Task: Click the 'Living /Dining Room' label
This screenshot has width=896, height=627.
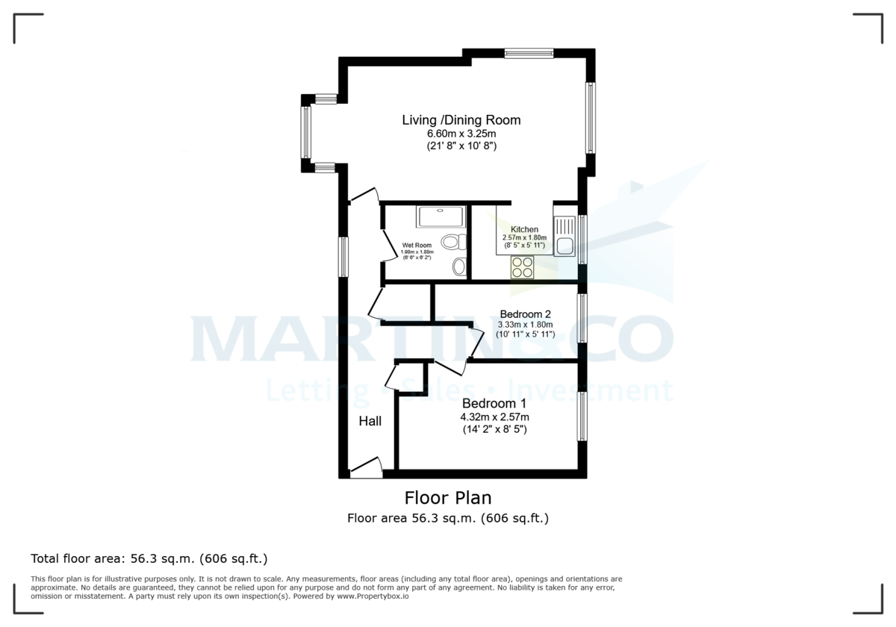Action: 461,120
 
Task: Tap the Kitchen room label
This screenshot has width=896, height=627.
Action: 524,229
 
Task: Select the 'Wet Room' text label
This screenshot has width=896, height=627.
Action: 417,245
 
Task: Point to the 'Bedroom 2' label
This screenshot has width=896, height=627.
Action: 526,313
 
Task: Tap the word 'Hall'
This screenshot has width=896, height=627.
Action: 370,421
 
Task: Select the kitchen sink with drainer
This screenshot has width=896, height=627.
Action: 564,234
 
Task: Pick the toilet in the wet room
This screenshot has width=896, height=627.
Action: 452,242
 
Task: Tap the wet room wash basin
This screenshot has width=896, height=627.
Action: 459,266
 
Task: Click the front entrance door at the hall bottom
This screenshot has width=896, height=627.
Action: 366,468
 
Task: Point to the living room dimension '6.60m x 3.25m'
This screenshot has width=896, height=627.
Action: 461,134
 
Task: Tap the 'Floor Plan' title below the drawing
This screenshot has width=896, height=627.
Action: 448,497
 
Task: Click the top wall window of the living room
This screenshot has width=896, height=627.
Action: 529,53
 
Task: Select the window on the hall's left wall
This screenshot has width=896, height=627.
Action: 343,257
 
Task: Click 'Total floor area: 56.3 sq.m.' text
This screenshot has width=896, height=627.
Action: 149,558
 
